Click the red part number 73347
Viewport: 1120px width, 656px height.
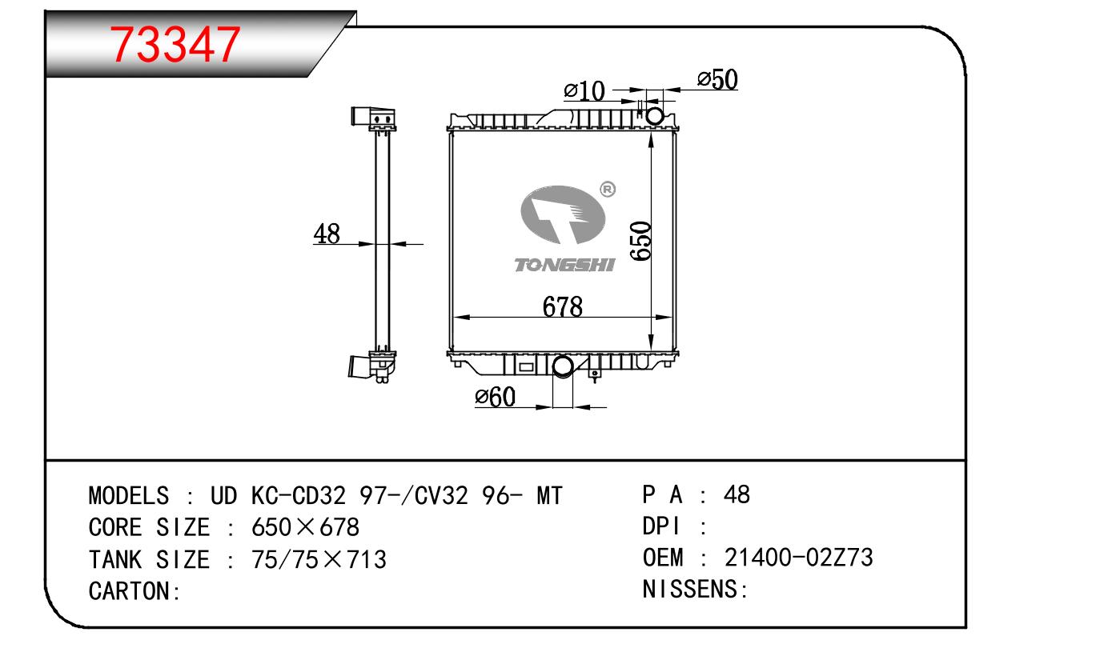tap(175, 45)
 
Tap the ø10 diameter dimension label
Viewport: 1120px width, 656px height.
tap(584, 91)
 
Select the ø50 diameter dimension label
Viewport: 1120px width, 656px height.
tap(717, 80)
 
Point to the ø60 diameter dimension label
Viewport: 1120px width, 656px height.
tap(495, 397)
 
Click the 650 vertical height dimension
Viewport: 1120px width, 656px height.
tap(640, 242)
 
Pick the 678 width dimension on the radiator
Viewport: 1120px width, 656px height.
tap(563, 306)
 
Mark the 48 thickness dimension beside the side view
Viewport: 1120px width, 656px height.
tap(327, 234)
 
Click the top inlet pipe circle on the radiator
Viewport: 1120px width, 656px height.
tap(655, 116)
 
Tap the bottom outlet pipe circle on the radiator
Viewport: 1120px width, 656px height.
tap(563, 366)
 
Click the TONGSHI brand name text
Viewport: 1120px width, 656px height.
tap(564, 266)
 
